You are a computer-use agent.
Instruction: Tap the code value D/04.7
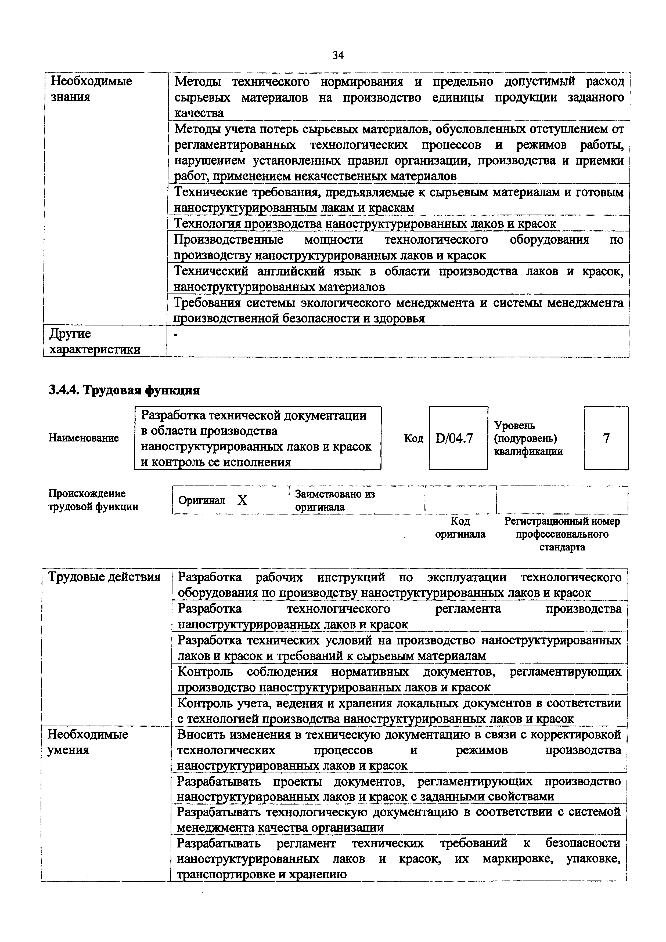tap(454, 439)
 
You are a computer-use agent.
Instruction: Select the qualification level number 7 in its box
tap(606, 438)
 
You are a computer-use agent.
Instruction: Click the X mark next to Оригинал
tap(243, 500)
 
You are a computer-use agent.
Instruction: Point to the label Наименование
tap(84, 438)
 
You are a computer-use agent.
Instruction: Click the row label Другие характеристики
tap(94, 341)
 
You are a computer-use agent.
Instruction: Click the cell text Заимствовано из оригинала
tap(335, 500)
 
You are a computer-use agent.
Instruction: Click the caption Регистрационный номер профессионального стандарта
tap(562, 534)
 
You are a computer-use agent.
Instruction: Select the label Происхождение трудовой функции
tap(93, 500)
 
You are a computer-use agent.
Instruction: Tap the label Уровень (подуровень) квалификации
tap(528, 438)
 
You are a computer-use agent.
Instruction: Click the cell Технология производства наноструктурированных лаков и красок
tap(365, 224)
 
